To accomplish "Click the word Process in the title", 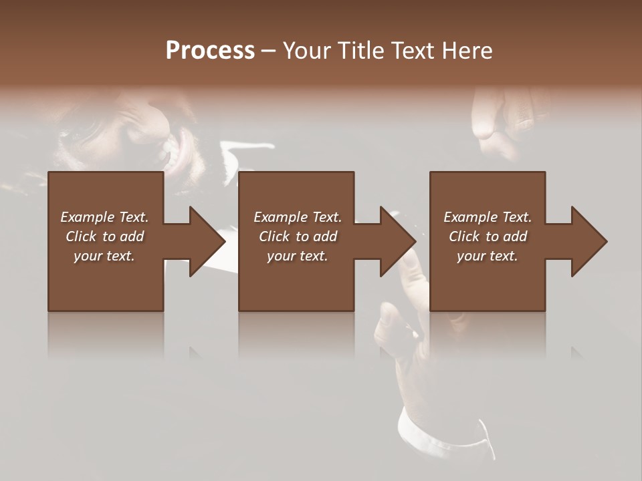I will pos(210,51).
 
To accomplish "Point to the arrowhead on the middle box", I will pos(397,241).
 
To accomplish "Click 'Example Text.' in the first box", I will pos(104,217).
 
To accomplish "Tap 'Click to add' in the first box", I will pos(104,236).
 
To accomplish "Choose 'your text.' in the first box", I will pos(104,256).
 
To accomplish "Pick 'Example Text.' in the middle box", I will pos(298,217).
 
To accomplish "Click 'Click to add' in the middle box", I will pos(298,236).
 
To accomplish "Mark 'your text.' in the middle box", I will pos(298,256).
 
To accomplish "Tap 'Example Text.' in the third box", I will pos(488,217).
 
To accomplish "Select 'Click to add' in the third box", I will pos(488,236).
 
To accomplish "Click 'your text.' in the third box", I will pos(488,256).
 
